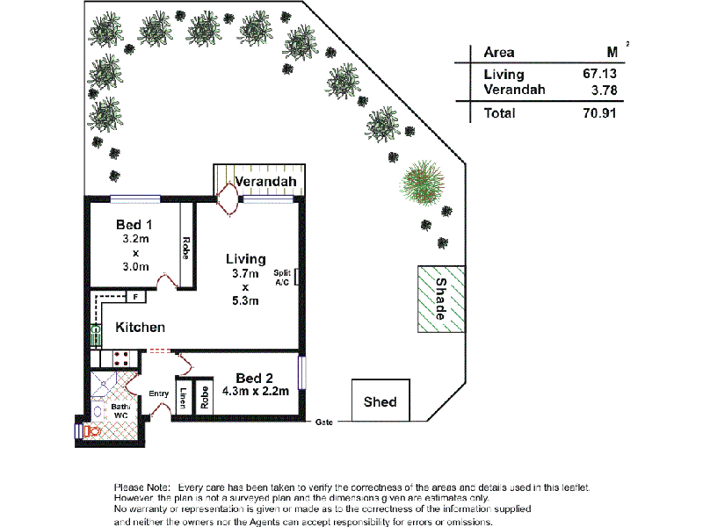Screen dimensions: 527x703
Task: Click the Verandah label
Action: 263,183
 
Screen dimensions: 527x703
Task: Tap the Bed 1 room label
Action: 135,225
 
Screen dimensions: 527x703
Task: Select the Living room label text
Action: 245,259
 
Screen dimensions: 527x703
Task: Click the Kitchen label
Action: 141,328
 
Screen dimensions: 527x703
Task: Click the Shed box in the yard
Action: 380,402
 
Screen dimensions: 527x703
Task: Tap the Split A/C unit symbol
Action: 297,278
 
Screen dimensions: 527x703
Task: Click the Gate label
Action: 324,422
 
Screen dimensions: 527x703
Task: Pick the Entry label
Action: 159,393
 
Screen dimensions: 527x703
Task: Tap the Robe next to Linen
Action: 204,398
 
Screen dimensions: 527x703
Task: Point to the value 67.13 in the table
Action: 603,75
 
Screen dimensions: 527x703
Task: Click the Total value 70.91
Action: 603,113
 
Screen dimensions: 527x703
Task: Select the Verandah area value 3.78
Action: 606,90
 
